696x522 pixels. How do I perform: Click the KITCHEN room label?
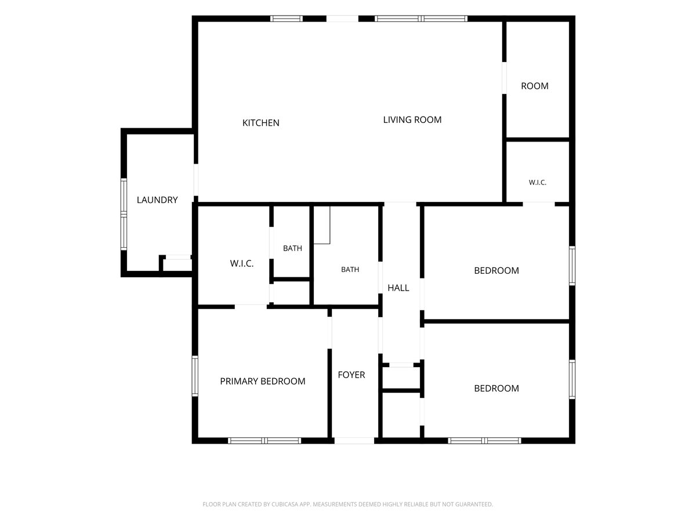tap(260, 122)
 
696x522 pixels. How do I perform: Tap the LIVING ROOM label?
tap(412, 119)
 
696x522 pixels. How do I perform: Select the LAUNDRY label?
tap(157, 200)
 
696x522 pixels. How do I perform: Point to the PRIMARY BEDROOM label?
tap(263, 381)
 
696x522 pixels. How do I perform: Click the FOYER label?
tap(351, 375)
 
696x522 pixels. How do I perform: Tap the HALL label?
tap(398, 288)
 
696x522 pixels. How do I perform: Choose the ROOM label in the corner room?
tap(535, 86)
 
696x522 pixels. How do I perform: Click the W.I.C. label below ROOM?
tap(538, 182)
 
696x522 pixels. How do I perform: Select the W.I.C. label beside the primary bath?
tap(242, 263)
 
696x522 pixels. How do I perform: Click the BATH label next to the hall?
tap(350, 269)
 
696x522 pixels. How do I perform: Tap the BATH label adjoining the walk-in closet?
tap(292, 248)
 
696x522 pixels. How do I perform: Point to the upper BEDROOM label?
tap(496, 270)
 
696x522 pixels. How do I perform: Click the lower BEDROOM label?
tap(496, 388)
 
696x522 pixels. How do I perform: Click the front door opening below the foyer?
tap(354, 441)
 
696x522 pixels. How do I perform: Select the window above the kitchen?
tap(287, 19)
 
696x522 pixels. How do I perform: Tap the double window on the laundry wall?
tap(124, 214)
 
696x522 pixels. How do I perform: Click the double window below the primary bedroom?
tap(264, 441)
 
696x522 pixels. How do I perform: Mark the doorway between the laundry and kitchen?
tap(196, 180)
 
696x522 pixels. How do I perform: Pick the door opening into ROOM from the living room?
tap(504, 78)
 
